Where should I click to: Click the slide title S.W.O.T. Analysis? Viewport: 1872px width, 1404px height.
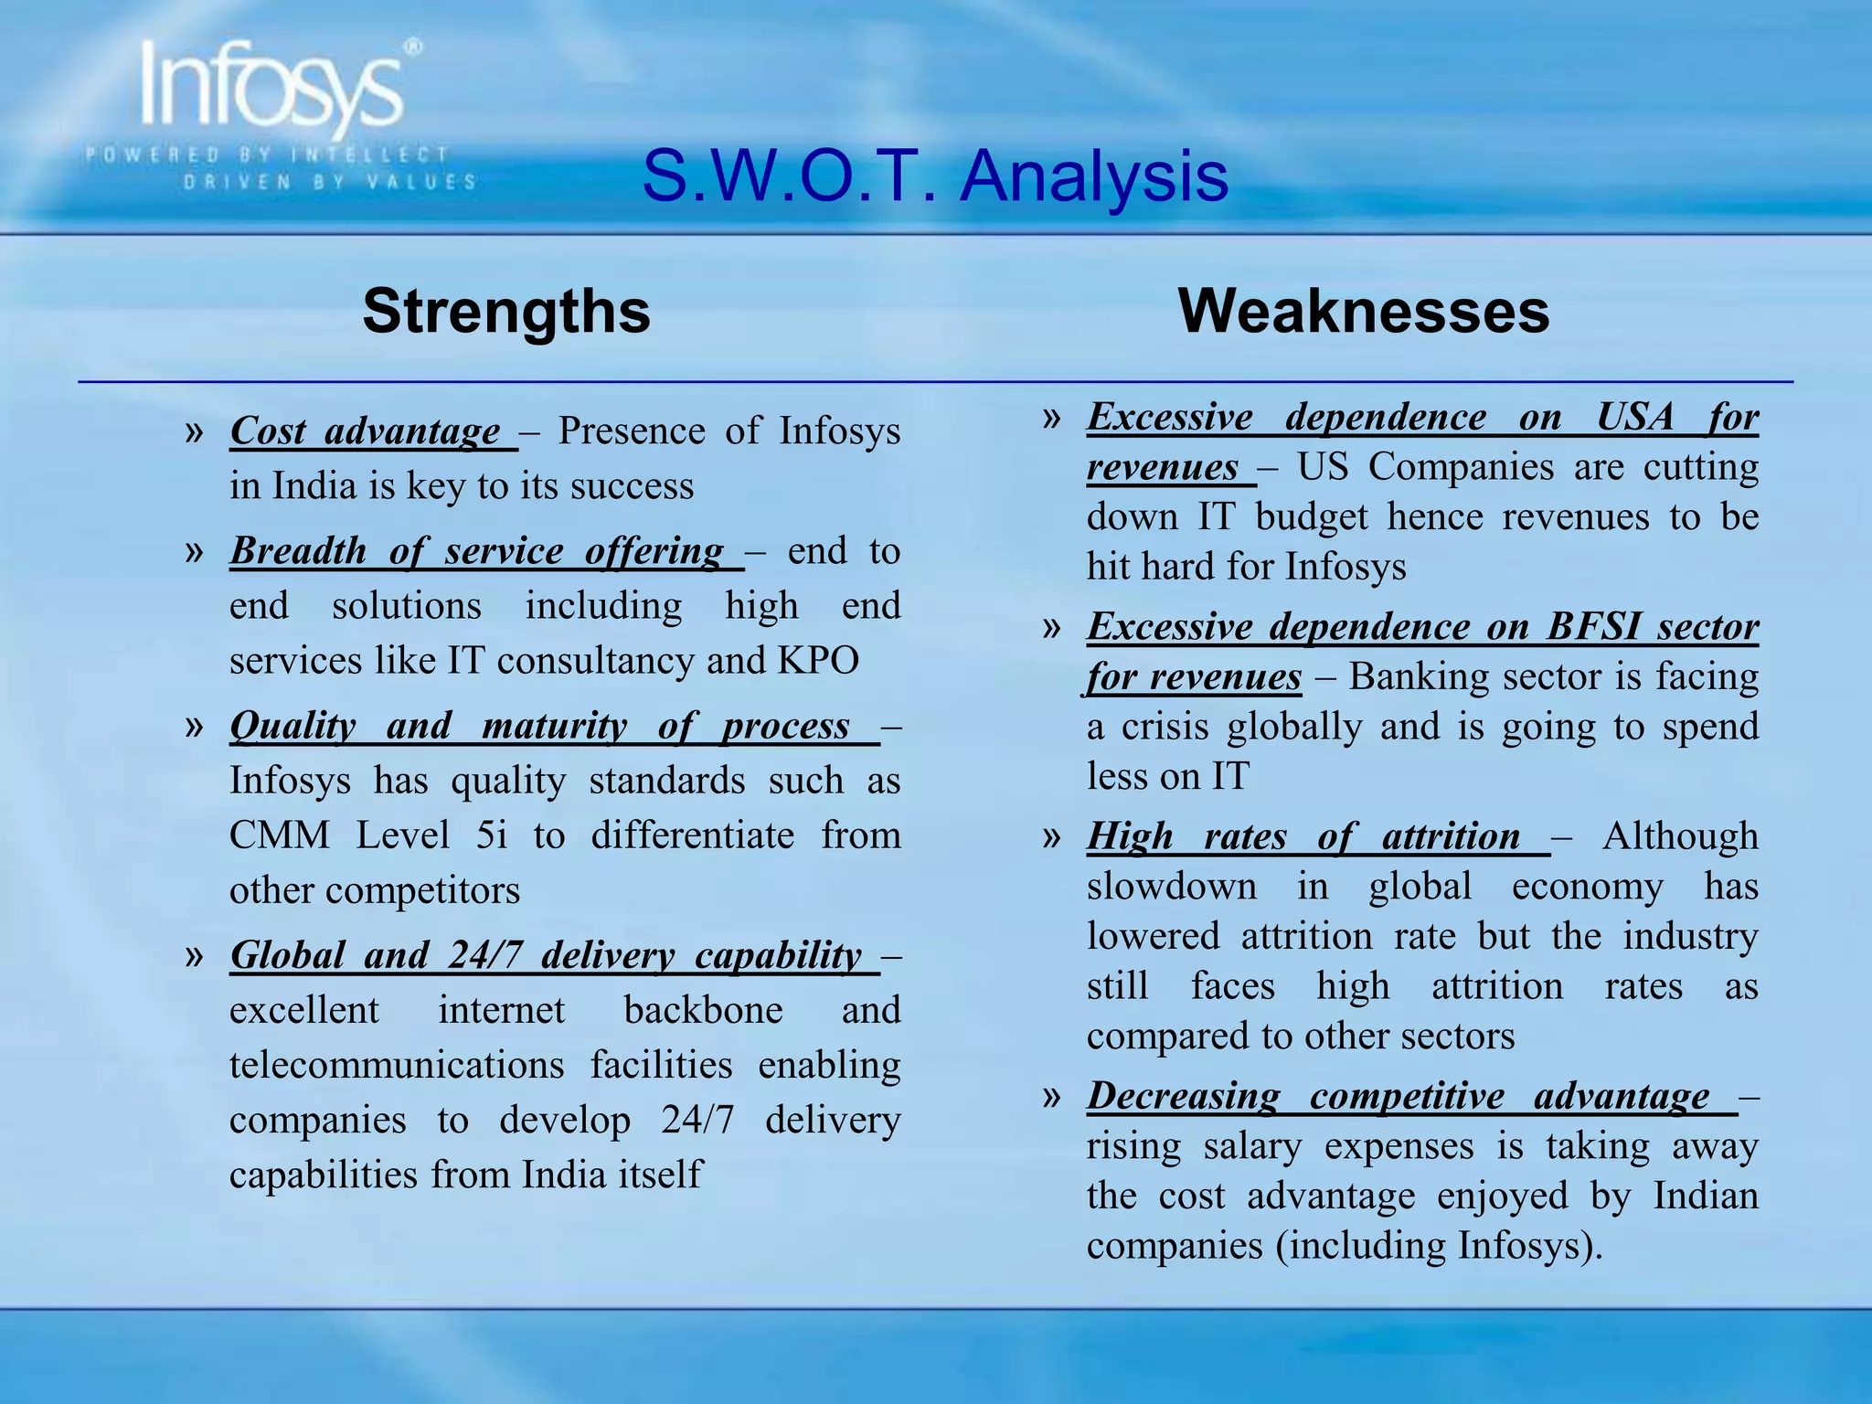934,175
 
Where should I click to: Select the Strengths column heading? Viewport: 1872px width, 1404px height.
506,312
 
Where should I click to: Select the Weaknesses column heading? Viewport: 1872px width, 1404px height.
1364,312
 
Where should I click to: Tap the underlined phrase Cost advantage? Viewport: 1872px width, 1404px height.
366,431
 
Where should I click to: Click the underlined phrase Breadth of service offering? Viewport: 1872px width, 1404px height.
477,551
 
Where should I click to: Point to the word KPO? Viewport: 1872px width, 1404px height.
818,661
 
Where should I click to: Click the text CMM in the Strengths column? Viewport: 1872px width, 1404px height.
280,835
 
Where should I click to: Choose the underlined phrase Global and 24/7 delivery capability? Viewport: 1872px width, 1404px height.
546,956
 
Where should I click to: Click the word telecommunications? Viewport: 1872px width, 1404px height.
396,1066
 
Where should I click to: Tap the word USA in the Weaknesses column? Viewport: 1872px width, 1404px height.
1634,418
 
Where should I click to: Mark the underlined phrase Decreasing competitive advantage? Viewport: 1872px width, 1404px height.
1398,1097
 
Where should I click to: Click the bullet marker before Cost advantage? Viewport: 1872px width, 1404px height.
194,431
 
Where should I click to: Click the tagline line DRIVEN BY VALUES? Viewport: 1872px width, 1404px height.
330,182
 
